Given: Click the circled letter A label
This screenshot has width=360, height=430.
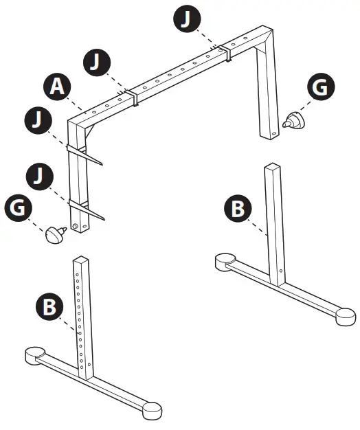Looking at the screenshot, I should click(57, 88).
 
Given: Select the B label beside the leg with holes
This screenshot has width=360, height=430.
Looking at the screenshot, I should click(48, 306).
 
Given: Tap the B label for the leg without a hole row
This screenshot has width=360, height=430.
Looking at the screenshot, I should click(238, 208).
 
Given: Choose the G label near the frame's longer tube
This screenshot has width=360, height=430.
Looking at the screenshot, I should click(19, 208).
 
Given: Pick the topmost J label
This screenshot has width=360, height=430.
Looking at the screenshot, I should click(185, 19).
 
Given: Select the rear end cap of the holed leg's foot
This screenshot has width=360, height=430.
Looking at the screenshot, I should click(32, 355).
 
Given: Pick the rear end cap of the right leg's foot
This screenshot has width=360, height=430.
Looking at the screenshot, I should click(223, 260).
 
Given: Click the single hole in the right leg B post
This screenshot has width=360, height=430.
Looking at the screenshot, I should click(281, 277).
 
